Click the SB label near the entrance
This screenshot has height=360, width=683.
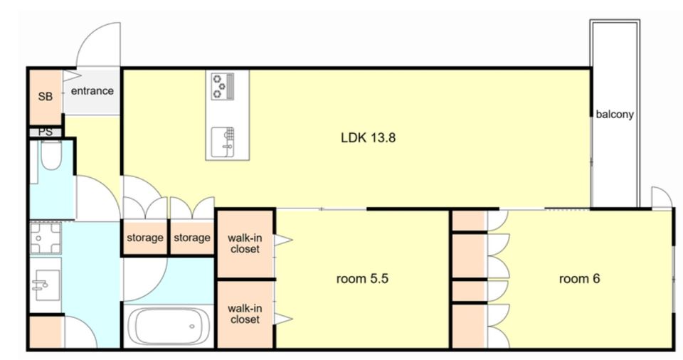(46, 96)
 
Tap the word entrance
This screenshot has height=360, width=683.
(92, 91)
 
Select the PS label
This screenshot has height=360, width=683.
(46, 132)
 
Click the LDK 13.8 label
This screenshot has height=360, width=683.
(368, 138)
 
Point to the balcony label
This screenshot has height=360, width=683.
(615, 114)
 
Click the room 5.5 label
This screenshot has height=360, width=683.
(362, 278)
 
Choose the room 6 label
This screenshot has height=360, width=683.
(579, 278)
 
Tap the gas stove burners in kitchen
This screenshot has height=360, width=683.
(223, 86)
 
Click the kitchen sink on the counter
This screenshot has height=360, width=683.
(223, 142)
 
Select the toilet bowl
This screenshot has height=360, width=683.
(51, 155)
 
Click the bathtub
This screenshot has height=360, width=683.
(169, 327)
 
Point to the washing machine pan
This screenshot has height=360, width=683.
(46, 238)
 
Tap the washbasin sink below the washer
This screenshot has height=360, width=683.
(46, 285)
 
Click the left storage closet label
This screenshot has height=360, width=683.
(145, 238)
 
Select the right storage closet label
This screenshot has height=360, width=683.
(192, 238)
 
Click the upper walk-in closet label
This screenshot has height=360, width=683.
(245, 243)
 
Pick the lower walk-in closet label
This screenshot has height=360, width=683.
(245, 314)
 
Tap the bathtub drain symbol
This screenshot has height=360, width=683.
(191, 327)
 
